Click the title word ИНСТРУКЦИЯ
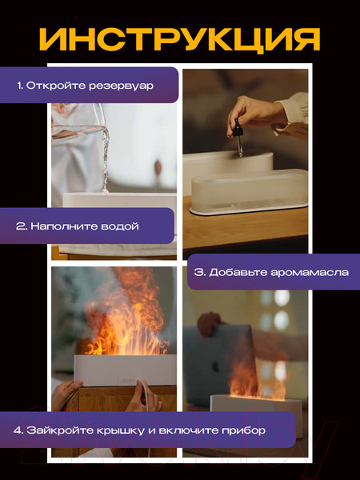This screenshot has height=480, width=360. pos(180,38)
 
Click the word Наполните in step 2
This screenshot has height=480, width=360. pos(61,226)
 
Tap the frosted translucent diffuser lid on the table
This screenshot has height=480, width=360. pos(248,192)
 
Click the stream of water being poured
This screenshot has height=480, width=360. pos(102,156)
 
